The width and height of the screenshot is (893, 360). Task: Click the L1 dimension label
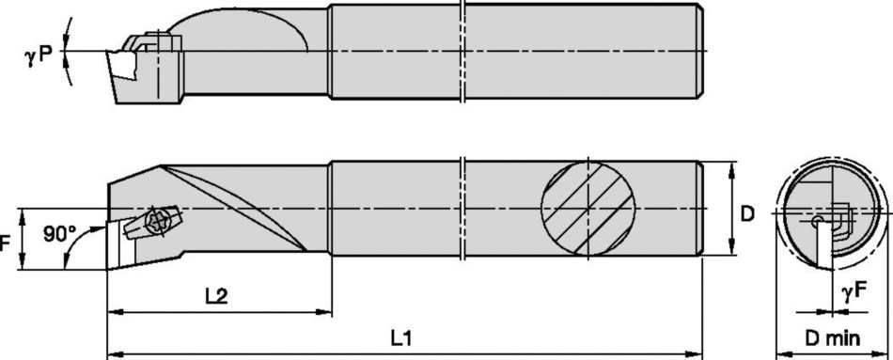[x=401, y=338]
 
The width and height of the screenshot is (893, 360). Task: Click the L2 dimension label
[x=216, y=296]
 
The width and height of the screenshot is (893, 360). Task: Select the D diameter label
[x=746, y=213]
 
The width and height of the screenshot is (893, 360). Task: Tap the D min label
[x=832, y=338]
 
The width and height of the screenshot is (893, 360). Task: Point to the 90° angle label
[x=60, y=233]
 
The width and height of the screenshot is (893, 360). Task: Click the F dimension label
[x=5, y=243]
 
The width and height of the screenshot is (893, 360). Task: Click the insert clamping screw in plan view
[x=157, y=221]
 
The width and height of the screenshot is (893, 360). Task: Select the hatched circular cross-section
[x=587, y=209]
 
